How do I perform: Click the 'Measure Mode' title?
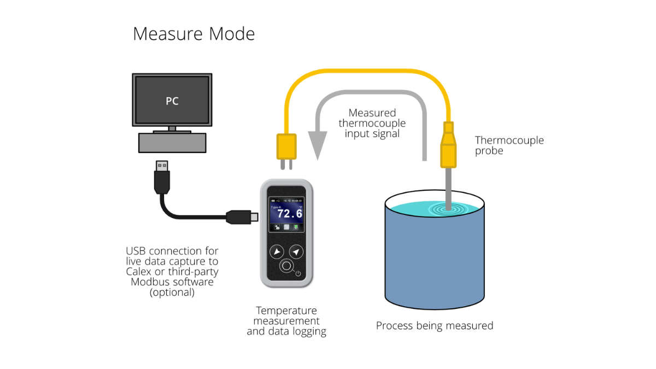coord(194,34)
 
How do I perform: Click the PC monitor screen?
coord(172,101)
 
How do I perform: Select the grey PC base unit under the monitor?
coord(173,143)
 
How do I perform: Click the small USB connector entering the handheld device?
coord(241,217)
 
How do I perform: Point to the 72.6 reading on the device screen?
coord(290,213)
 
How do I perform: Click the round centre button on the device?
coord(286,267)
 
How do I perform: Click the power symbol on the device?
coord(298,273)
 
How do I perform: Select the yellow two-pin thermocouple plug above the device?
coord(286,148)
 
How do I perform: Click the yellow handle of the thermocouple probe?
coord(448,148)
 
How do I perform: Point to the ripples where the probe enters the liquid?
coord(448,208)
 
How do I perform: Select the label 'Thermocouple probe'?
coord(509,145)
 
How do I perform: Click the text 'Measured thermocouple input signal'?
coord(372,123)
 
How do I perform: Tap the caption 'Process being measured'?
coord(435,326)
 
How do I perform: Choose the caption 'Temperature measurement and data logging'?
coord(286,321)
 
